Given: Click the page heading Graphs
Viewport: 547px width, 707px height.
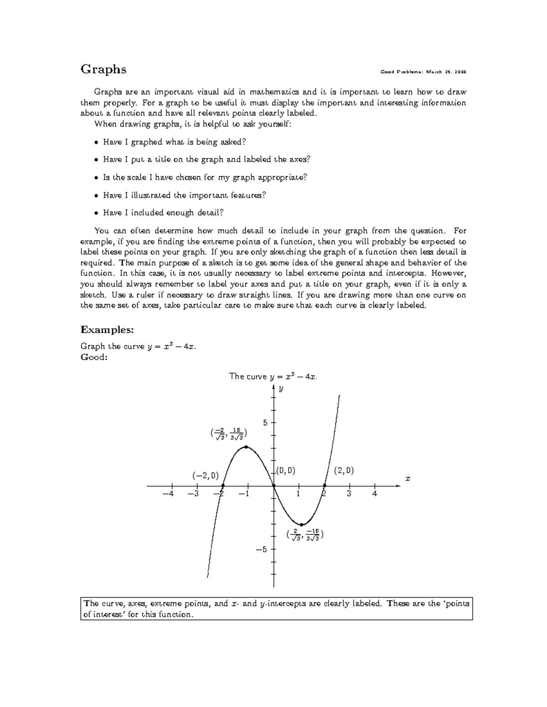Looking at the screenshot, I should [x=103, y=70].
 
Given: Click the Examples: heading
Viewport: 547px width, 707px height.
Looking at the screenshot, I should [x=107, y=329].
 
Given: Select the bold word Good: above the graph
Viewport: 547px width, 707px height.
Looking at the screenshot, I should [x=94, y=357].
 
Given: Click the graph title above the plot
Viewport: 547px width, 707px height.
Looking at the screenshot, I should [x=273, y=376].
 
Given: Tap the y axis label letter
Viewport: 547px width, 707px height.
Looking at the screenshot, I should [x=281, y=388].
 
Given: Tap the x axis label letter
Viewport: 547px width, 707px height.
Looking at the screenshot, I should [x=408, y=478].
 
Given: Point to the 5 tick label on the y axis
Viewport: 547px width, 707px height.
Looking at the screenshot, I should [x=265, y=422].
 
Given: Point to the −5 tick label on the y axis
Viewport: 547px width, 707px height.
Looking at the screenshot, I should [x=261, y=549].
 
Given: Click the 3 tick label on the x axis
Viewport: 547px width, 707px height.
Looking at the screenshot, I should [x=349, y=493].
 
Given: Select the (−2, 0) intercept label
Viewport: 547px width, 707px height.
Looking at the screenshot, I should [x=205, y=476].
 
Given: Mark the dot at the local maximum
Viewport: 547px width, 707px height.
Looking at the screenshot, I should [x=246, y=447].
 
